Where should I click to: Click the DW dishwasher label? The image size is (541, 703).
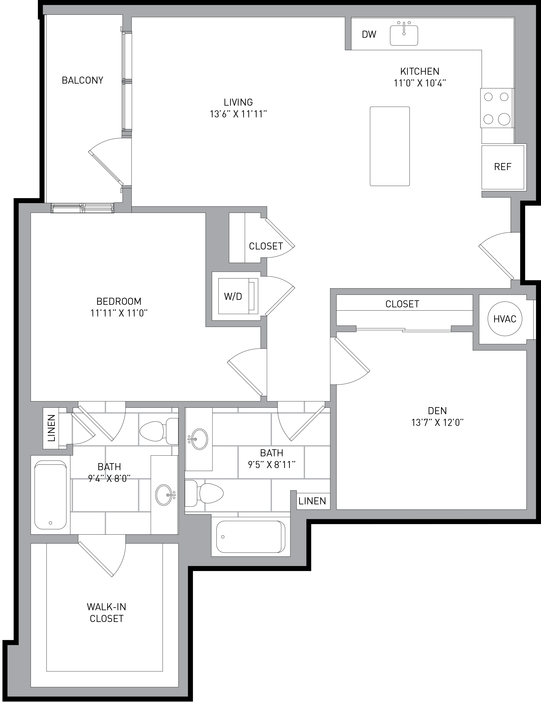[369, 34]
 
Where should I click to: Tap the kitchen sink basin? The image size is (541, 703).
[404, 35]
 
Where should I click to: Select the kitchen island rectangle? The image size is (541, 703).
[390, 146]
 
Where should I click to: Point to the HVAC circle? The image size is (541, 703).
[505, 319]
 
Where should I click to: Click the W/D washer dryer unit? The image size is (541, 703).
[238, 296]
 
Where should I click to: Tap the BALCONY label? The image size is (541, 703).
[83, 80]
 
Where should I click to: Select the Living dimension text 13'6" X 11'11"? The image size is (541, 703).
[239, 114]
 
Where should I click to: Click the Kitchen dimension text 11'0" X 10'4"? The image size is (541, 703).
[420, 83]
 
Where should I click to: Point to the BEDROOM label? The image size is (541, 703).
[119, 301]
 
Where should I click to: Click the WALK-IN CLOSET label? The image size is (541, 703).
[107, 613]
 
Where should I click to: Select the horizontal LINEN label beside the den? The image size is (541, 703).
[312, 501]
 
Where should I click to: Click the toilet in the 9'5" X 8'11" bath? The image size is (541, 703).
[204, 493]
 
